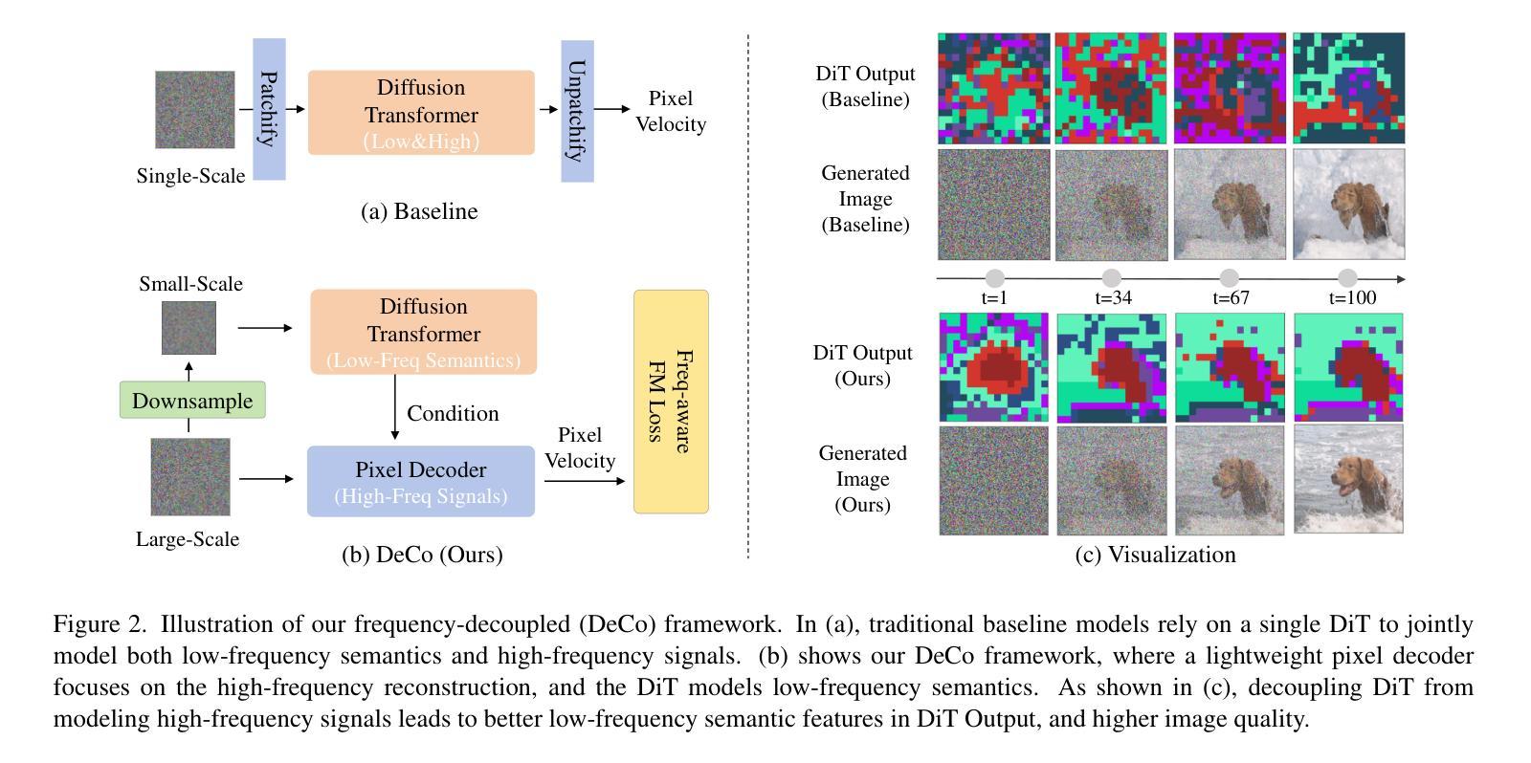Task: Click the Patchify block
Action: (x=269, y=109)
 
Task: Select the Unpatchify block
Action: (x=577, y=111)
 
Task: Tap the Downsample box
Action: (x=192, y=400)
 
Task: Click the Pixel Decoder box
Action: (x=421, y=481)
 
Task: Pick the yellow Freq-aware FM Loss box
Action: (x=671, y=402)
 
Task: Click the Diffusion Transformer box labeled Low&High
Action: (x=421, y=113)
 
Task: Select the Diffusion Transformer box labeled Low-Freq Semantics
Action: (x=423, y=332)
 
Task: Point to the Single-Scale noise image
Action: (x=195, y=109)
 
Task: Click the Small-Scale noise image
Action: (x=189, y=328)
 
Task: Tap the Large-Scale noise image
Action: (x=190, y=477)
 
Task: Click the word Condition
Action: (x=453, y=413)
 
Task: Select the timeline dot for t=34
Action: (x=1111, y=278)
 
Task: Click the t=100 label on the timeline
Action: (x=1352, y=297)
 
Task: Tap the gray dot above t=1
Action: (x=995, y=278)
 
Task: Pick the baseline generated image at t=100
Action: (x=1348, y=204)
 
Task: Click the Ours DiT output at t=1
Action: (x=993, y=367)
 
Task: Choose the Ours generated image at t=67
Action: (x=1230, y=479)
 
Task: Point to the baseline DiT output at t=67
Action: (x=1230, y=88)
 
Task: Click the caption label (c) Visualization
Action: (x=1155, y=555)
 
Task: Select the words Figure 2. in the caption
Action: (x=100, y=624)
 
